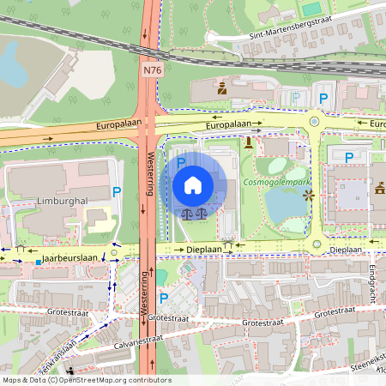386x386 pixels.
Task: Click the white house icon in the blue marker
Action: [193, 184]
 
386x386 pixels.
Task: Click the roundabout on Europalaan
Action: [315, 122]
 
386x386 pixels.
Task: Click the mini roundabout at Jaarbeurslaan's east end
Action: [114, 254]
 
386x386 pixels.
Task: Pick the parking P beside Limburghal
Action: [117, 192]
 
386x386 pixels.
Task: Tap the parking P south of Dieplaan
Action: [163, 298]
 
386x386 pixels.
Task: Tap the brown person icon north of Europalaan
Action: [221, 87]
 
